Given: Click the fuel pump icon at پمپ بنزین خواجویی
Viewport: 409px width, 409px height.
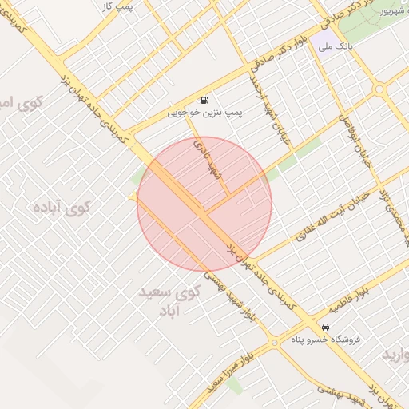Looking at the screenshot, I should (206, 101).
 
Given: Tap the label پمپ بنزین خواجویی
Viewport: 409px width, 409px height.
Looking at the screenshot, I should (205, 113).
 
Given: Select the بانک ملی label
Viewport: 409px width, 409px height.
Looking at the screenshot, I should (335, 47).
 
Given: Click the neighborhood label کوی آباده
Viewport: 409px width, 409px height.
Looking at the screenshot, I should (62, 208).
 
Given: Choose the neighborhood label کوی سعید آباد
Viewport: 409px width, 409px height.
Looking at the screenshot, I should (169, 300).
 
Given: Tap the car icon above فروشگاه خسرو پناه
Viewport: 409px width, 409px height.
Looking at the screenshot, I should (325, 328).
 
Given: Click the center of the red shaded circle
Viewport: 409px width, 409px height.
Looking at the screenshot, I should (204, 204).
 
